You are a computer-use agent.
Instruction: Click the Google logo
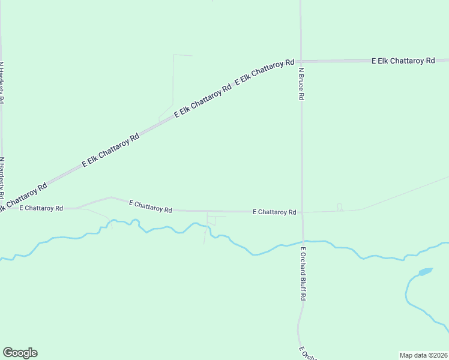[x=20, y=353]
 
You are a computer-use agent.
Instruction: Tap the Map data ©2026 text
[x=424, y=355]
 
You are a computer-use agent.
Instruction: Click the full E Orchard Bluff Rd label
[x=304, y=274]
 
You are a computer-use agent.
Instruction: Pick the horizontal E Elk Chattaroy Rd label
[x=403, y=61]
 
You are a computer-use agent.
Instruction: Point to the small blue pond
[x=425, y=272]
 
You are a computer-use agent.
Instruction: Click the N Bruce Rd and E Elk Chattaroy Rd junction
[x=301, y=61]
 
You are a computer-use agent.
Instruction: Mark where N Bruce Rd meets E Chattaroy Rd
[x=302, y=212]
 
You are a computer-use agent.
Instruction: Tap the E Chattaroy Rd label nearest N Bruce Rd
[x=274, y=212]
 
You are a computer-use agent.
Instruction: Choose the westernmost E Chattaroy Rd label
[x=41, y=208]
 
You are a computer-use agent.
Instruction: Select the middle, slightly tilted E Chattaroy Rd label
[x=151, y=206]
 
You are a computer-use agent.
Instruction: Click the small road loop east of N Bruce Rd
[x=339, y=207]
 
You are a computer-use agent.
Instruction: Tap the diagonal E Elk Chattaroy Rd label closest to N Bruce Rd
[x=265, y=72]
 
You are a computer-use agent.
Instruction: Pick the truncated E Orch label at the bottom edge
[x=305, y=353]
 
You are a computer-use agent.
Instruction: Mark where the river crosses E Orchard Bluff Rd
[x=303, y=242]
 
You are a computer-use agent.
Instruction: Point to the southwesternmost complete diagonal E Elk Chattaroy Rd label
[x=110, y=150]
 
